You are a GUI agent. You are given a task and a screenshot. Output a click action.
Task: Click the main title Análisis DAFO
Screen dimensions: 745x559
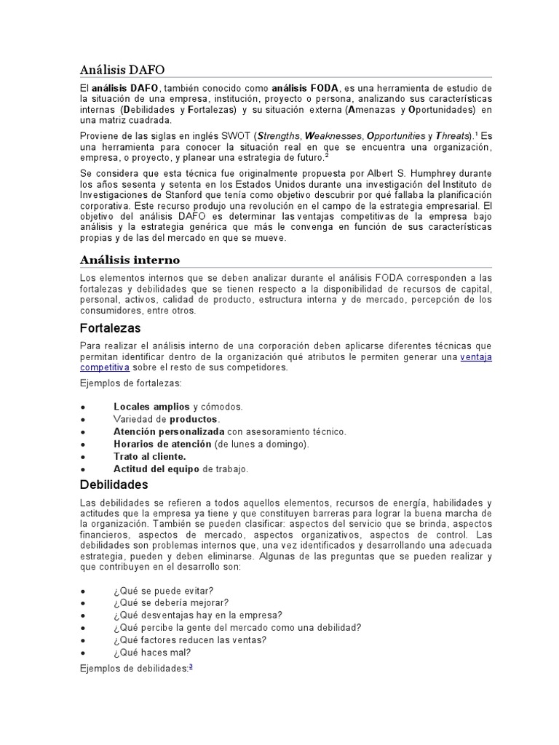click(122, 70)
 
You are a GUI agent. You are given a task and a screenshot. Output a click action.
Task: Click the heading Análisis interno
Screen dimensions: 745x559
click(130, 260)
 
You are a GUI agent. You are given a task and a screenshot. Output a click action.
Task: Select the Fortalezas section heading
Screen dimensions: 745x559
click(110, 328)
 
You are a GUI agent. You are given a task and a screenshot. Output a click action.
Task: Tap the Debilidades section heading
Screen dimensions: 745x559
click(114, 484)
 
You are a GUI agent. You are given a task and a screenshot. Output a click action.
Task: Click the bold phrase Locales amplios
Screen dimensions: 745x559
click(151, 406)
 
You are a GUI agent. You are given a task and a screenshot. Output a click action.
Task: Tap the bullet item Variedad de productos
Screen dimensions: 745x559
click(166, 419)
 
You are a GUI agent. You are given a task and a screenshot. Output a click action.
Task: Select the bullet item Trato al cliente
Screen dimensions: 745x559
click(149, 456)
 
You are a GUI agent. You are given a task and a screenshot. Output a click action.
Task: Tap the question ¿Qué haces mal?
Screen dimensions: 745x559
click(151, 653)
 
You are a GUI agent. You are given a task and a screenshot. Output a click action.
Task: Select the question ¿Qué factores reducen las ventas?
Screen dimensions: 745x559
click(189, 640)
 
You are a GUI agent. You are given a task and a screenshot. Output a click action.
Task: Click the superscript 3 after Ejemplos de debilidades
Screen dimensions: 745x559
click(191, 666)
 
